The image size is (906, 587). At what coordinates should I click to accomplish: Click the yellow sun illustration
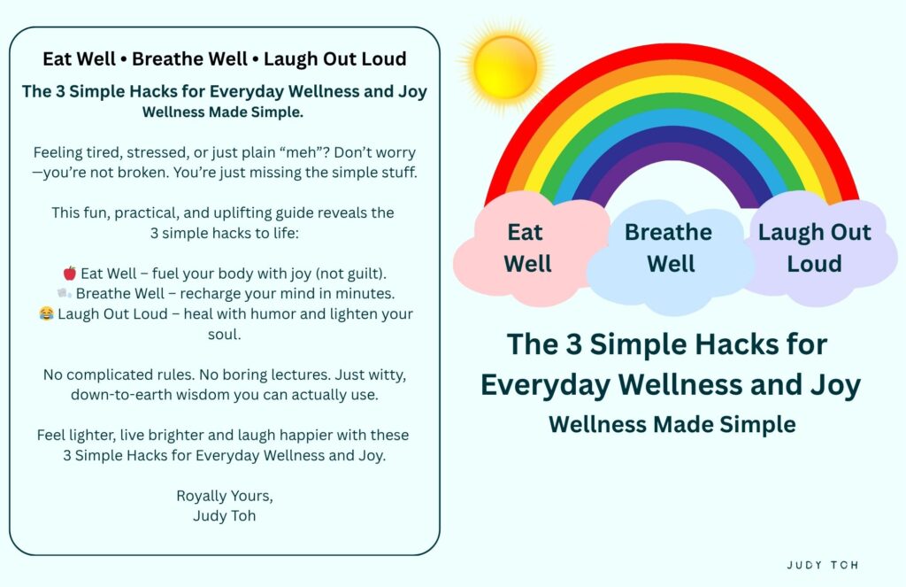(505, 66)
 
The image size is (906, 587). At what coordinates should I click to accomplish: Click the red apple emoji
(70, 273)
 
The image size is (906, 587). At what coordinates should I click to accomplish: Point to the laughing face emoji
(46, 313)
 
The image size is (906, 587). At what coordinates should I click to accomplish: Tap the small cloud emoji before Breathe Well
(64, 293)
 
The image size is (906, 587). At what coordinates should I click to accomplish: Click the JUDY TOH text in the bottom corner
(822, 565)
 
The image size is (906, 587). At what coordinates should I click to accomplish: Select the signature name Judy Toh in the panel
(224, 516)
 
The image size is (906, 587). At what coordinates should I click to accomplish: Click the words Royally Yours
(224, 496)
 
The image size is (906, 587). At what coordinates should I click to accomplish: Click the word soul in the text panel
(224, 335)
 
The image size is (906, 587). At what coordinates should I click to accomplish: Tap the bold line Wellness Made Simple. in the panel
(223, 112)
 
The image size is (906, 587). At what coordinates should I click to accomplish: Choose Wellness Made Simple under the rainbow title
(672, 424)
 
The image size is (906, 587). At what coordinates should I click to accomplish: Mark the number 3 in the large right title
(573, 344)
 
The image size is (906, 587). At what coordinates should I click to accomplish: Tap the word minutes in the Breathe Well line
(369, 293)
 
